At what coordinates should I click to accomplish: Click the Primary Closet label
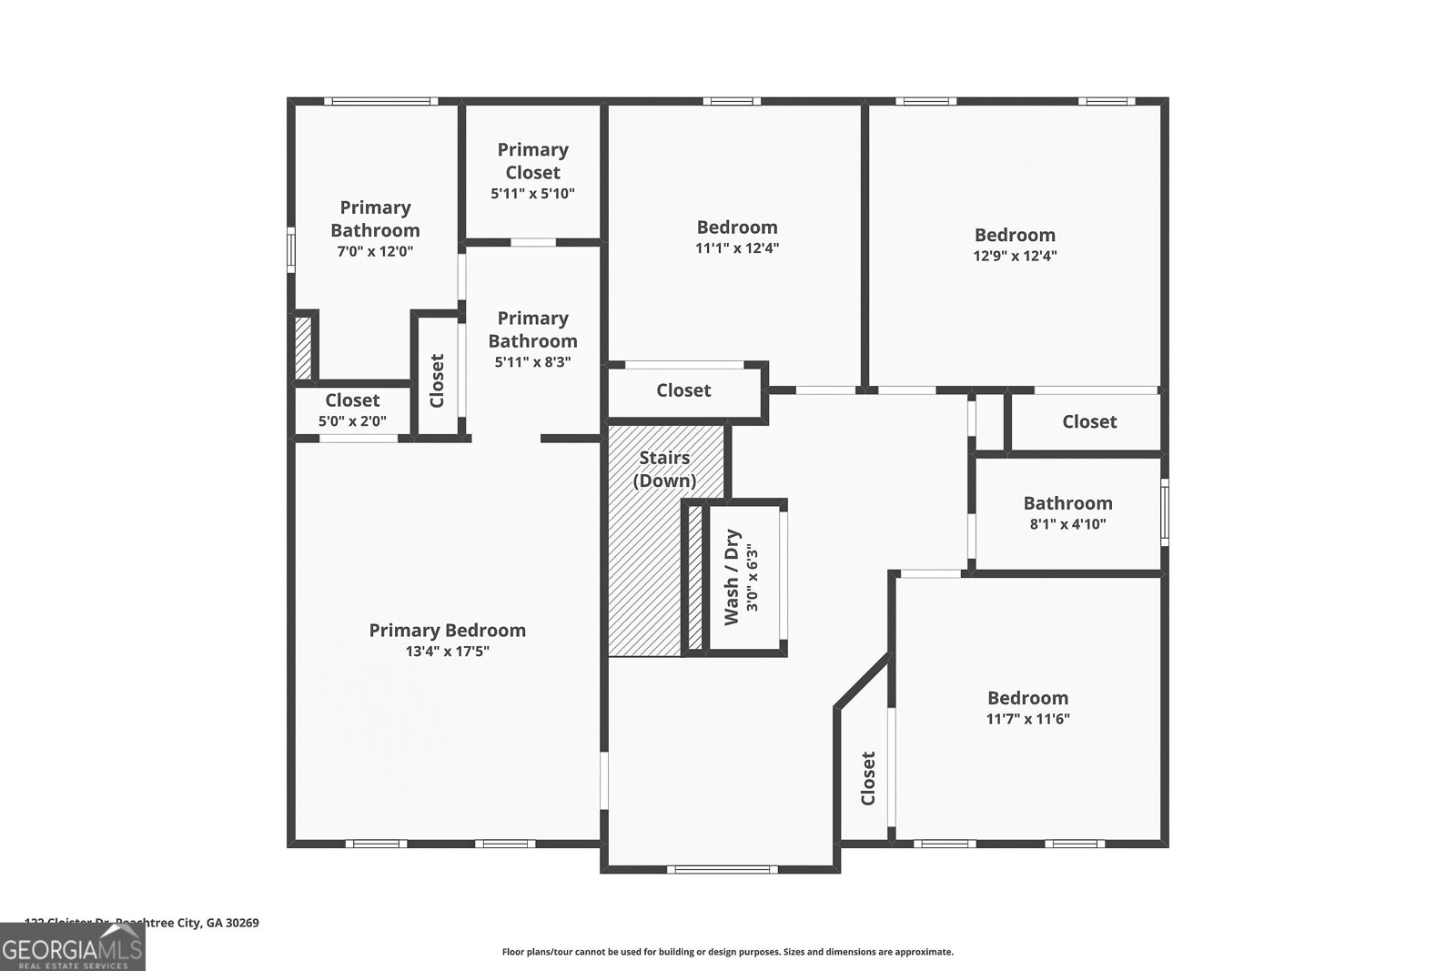pos(532,160)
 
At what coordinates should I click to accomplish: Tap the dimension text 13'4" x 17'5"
pos(447,652)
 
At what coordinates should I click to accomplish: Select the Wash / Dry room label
pos(732,578)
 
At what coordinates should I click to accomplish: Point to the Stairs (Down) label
pos(664,469)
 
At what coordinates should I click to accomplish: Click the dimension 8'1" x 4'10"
pos(1067,524)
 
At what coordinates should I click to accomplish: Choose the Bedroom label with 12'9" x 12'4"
pos(1015,235)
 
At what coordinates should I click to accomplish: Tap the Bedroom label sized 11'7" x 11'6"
pos(1027,698)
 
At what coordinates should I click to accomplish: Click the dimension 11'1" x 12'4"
pos(737,248)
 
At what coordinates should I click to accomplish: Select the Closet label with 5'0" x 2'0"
pos(352,400)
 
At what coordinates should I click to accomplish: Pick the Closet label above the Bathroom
pos(1089,421)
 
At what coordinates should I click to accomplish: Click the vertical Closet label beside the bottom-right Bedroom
pos(867,778)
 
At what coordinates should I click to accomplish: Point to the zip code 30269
pos(241,923)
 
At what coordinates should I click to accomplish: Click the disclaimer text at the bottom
pos(727,952)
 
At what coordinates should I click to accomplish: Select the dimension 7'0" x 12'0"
pos(375,251)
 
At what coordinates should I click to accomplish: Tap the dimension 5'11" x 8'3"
pos(532,362)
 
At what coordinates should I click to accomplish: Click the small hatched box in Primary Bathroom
pos(302,348)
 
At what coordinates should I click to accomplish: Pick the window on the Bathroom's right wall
pos(1164,511)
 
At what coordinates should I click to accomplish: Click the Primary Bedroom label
pos(447,630)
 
